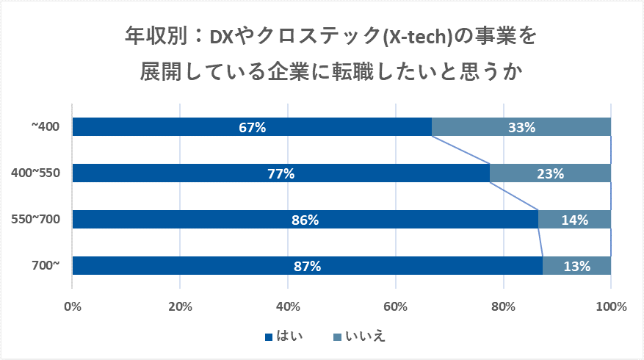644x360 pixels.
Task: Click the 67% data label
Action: (252, 127)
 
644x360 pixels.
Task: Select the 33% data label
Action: (521, 127)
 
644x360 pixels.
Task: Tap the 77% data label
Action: (281, 173)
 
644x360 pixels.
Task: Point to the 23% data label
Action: (550, 173)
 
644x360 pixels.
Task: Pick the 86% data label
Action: (305, 220)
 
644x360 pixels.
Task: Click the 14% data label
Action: (574, 220)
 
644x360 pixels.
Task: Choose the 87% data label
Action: (307, 266)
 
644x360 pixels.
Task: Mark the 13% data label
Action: (576, 266)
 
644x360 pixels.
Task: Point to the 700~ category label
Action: (45, 266)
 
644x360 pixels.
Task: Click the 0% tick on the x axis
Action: (72, 306)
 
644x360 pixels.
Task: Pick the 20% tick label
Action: (180, 306)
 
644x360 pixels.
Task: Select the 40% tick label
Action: (288, 306)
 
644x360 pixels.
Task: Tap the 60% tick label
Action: (396, 306)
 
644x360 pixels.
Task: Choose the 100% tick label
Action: (611, 306)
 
